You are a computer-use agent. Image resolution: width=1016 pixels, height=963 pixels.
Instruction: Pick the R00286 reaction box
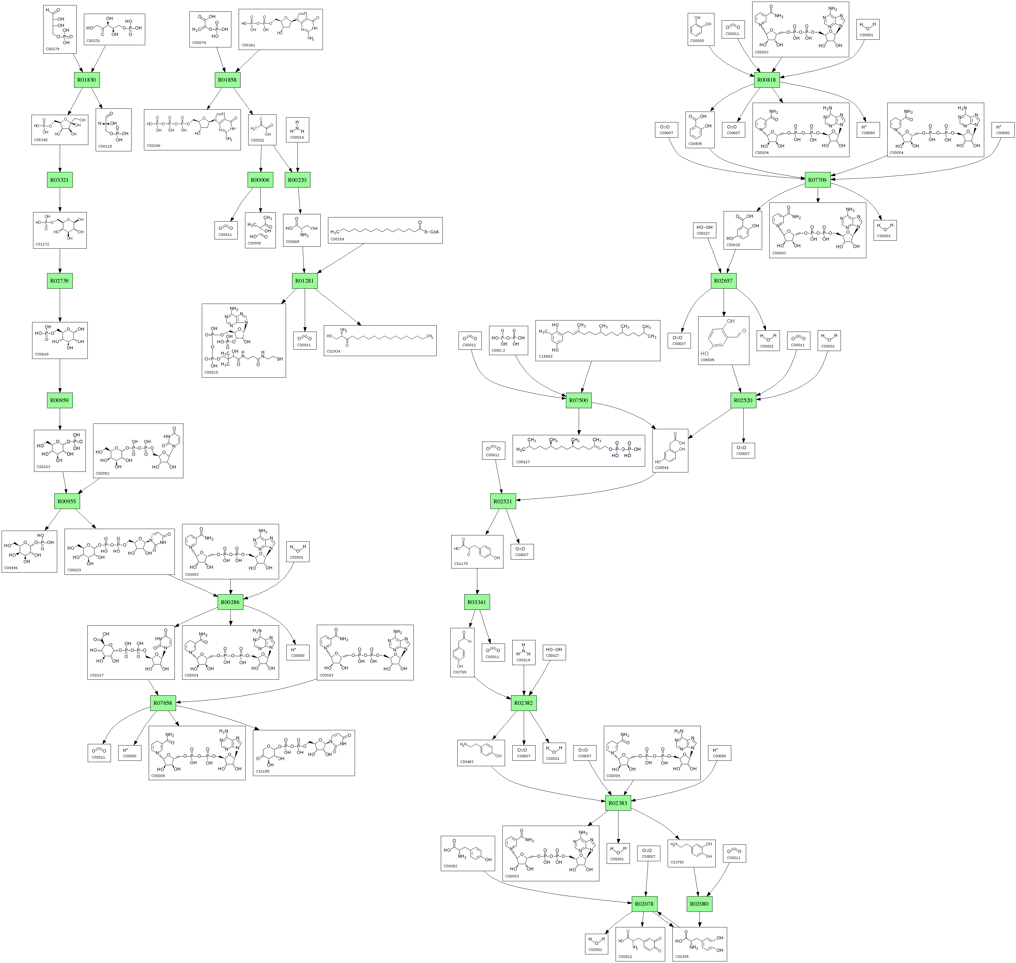230,602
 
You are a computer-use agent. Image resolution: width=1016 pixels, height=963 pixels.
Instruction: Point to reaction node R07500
578,400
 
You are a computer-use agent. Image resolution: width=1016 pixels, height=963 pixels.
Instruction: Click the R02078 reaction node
644,904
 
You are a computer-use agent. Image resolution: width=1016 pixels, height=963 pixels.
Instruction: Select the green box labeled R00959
59,400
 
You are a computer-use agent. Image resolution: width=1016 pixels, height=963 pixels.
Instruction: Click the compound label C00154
337,239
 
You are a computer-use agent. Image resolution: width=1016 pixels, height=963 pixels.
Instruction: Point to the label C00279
52,49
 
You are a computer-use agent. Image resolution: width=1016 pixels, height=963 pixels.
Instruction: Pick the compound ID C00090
697,41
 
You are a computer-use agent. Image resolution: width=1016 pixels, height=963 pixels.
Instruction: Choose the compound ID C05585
708,360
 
